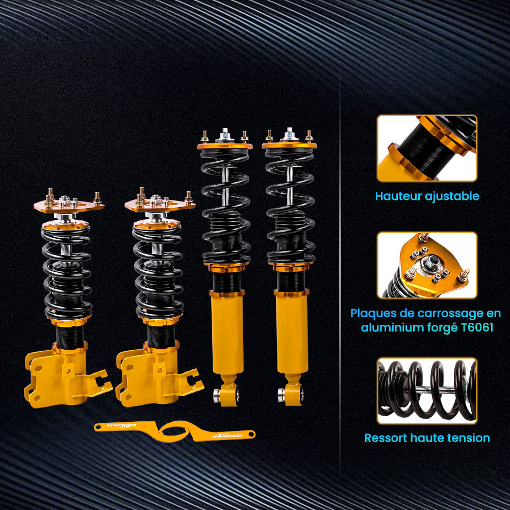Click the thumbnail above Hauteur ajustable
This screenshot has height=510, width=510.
pos(427,148)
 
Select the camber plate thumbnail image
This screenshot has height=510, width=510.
pos(427,265)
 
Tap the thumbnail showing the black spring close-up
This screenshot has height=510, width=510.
pos(427,391)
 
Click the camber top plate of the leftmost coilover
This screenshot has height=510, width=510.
pos(69,206)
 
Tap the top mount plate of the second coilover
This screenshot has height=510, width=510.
pos(160,206)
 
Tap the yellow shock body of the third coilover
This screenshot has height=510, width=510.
pos(227,337)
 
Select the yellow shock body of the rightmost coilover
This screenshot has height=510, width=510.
pos(292,337)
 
